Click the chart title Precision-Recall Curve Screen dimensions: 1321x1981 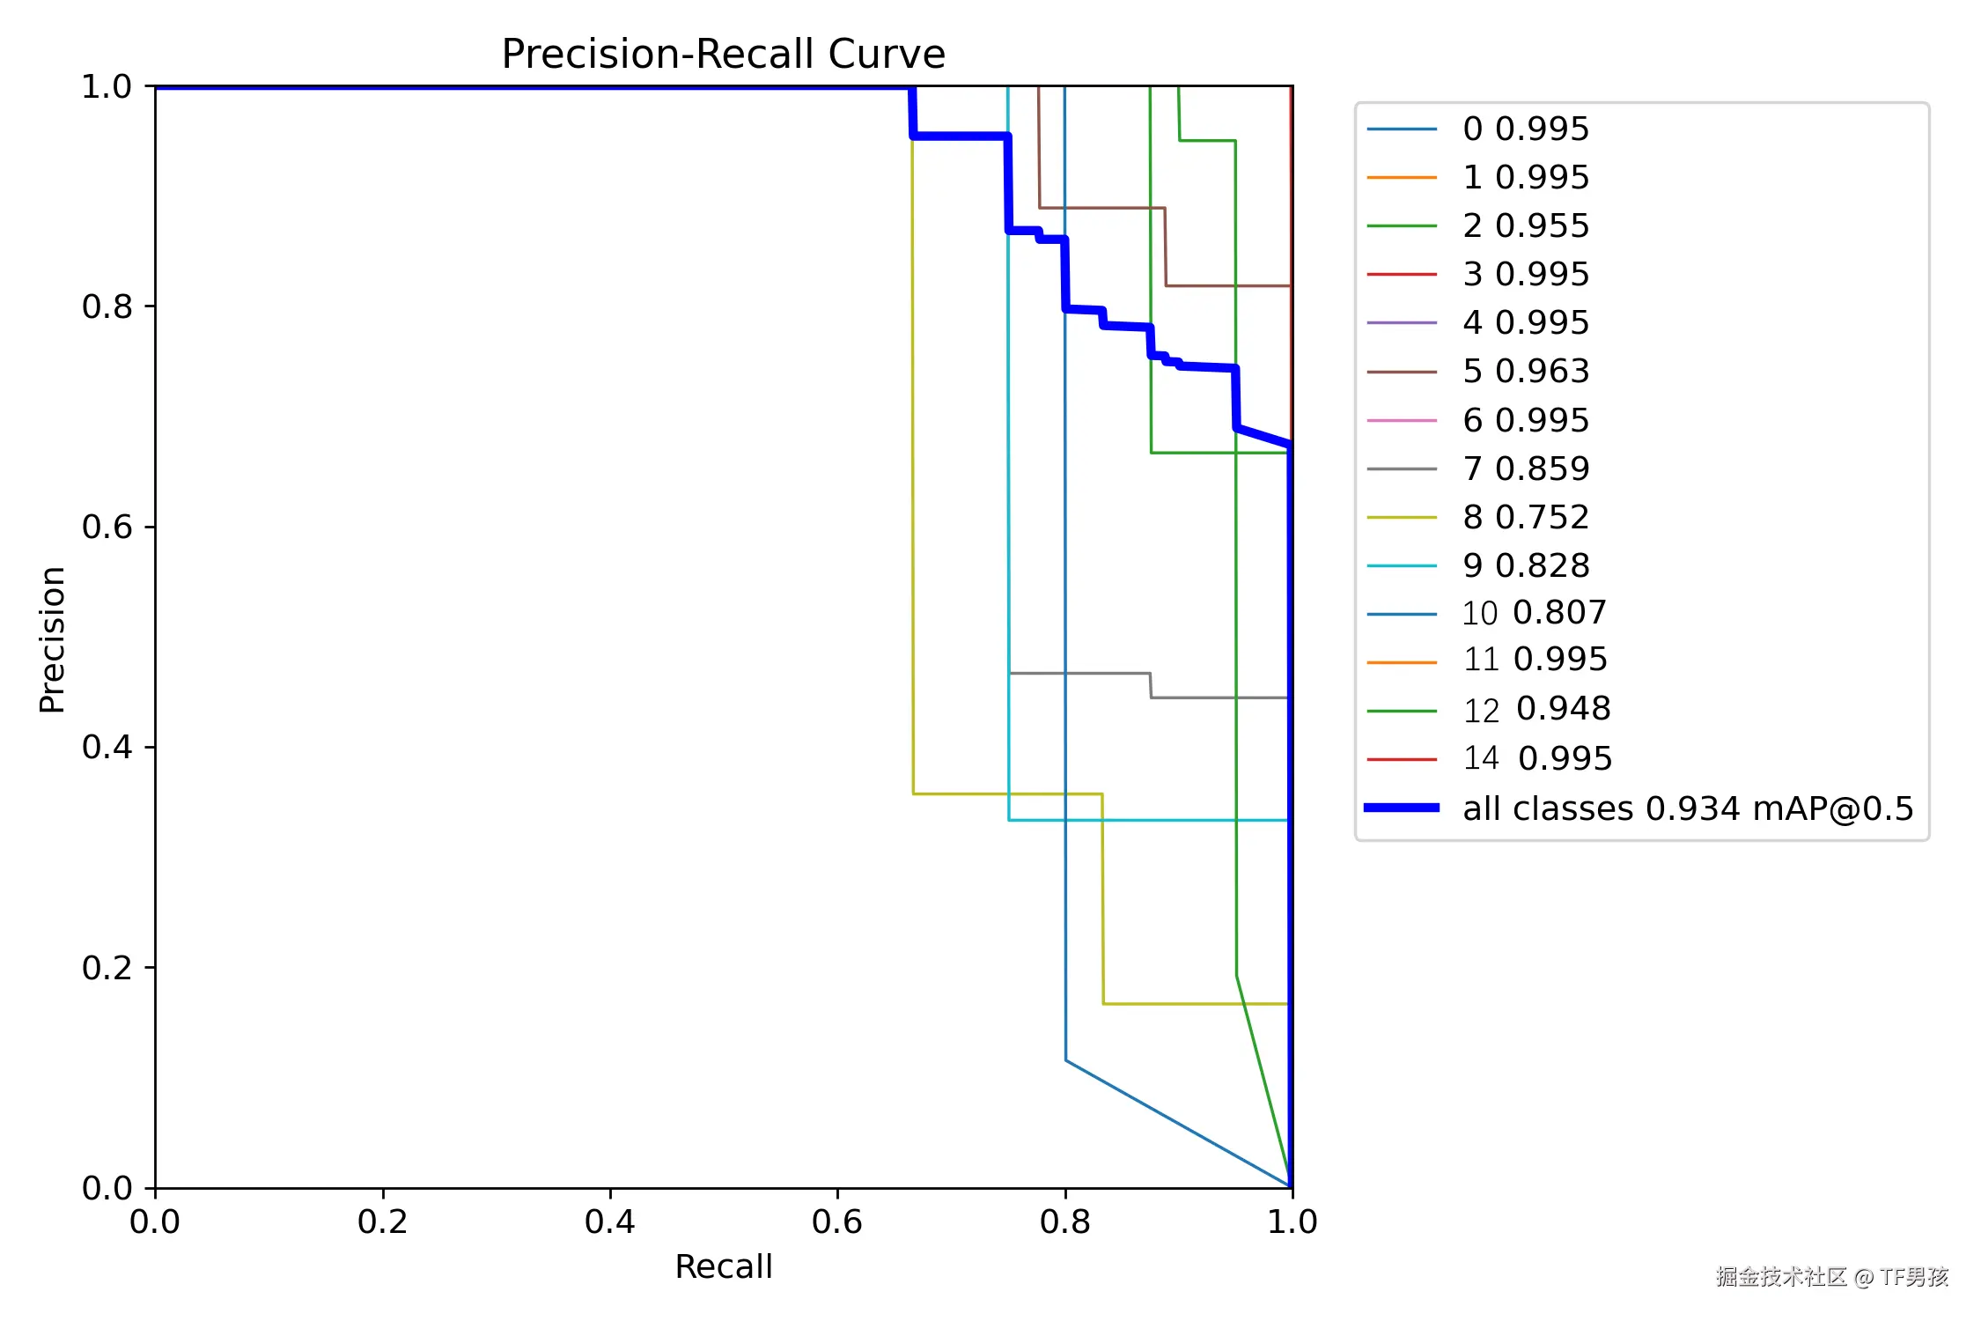(723, 54)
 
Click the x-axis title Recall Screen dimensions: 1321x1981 (723, 1266)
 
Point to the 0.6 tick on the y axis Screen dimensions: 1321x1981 (107, 527)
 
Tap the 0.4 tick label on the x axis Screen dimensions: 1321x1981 (609, 1221)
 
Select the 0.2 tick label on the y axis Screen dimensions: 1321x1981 (107, 967)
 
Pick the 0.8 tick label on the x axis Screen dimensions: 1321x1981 (1064, 1221)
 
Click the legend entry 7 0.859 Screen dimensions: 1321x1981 (1526, 469)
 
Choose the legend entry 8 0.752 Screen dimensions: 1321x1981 (1526, 517)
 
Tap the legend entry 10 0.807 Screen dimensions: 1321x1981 (1534, 613)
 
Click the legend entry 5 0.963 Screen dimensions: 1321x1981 (1526, 371)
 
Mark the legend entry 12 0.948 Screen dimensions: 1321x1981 (1536, 709)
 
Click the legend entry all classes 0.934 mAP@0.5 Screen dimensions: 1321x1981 (1688, 808)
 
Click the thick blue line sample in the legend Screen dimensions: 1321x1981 (1402, 808)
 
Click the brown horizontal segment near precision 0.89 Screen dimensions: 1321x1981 (1101, 208)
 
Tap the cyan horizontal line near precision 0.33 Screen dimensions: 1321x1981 (1145, 820)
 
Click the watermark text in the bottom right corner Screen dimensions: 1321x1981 (1831, 1276)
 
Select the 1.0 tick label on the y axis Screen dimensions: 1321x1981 (107, 86)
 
